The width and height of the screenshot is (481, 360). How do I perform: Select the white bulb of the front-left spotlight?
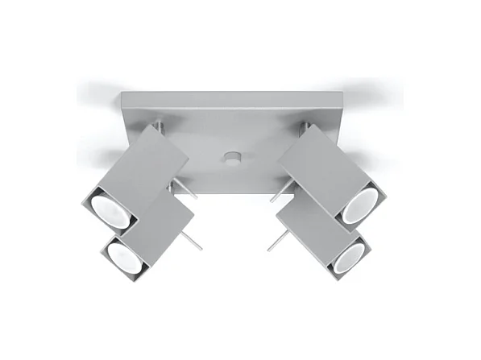(126, 254)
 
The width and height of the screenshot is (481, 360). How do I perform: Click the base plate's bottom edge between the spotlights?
(231, 193)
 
